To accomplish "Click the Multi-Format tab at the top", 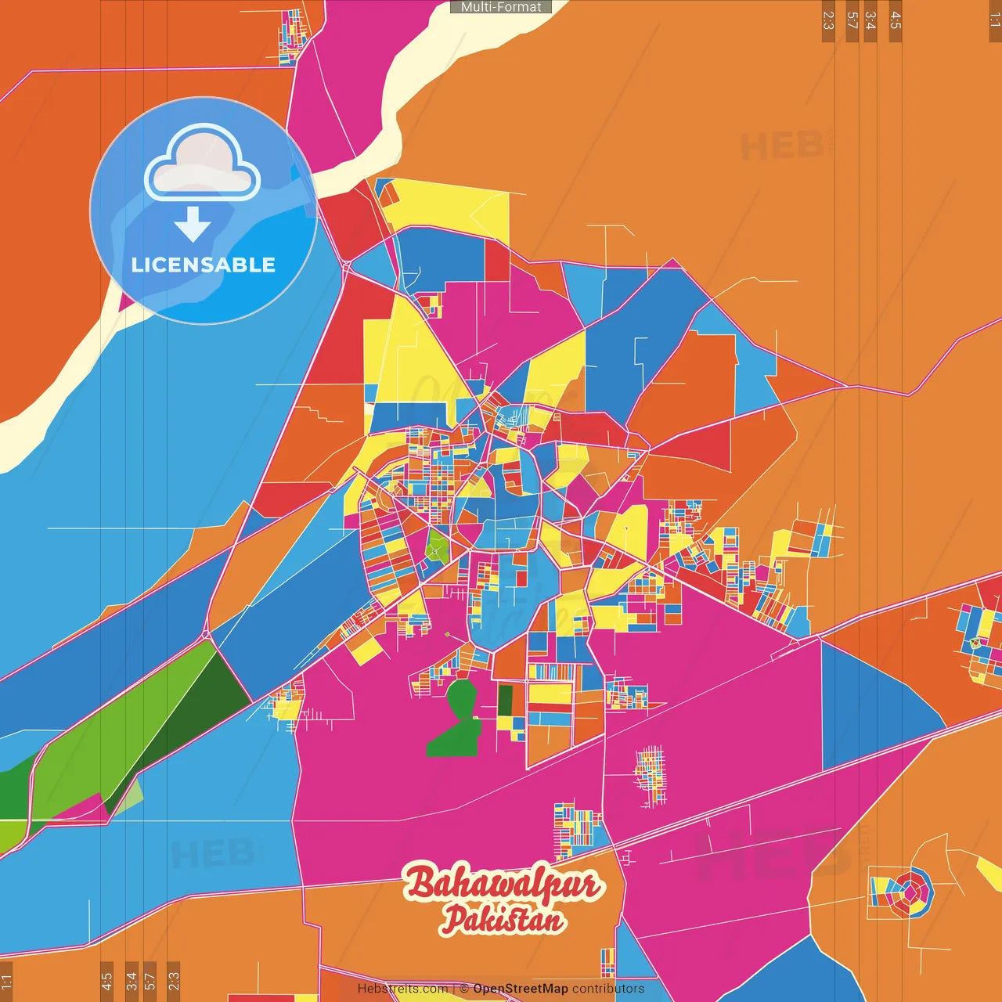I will coord(501,7).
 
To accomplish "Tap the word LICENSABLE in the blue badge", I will coord(204,265).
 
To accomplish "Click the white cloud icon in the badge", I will coord(202,166).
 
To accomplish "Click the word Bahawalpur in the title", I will coord(503,885).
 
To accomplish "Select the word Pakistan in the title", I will coord(503,920).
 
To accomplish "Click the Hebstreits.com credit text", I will coord(402,989).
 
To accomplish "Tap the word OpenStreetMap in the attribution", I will coord(521,989).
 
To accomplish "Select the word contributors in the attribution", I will coord(608,989).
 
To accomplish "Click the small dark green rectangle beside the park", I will coord(506,701).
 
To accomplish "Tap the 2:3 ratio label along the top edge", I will coord(828,20).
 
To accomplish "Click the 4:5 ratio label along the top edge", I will coord(896,20).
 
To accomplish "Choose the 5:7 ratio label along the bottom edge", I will coord(150,980).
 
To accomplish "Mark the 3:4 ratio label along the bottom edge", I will coord(132,980).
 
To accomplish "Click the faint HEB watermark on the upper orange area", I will coord(783,146).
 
